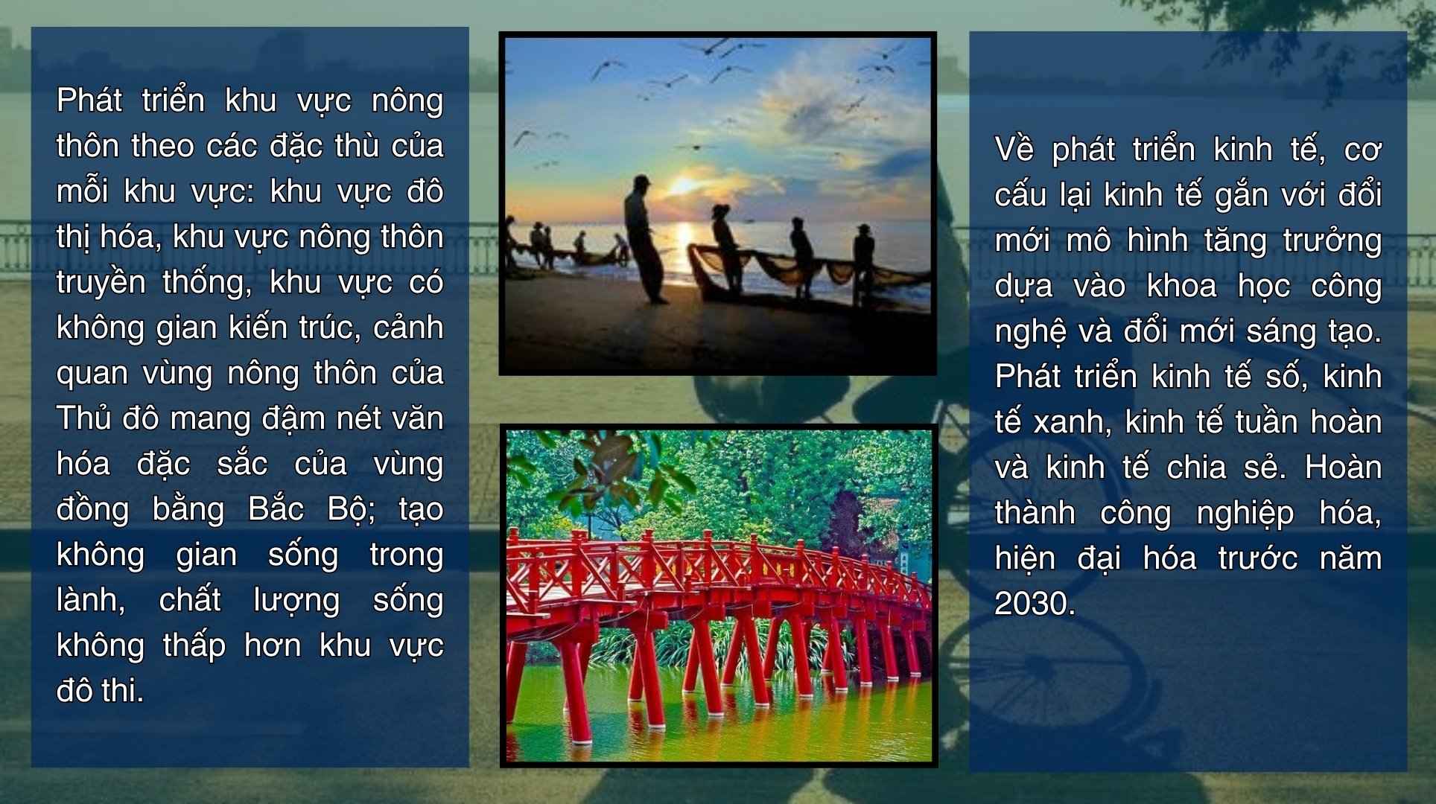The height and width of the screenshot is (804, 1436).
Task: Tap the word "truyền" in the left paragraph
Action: click(x=101, y=283)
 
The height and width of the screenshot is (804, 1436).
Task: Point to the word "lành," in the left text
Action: click(x=91, y=600)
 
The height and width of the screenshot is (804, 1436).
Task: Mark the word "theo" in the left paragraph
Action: click(x=163, y=146)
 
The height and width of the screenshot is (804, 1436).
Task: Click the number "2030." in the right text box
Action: click(x=1035, y=604)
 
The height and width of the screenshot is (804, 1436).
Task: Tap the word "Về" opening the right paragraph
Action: click(x=1014, y=150)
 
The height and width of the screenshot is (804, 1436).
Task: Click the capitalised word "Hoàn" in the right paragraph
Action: click(x=1344, y=468)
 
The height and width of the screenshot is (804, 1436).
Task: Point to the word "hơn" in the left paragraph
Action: click(x=273, y=645)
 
